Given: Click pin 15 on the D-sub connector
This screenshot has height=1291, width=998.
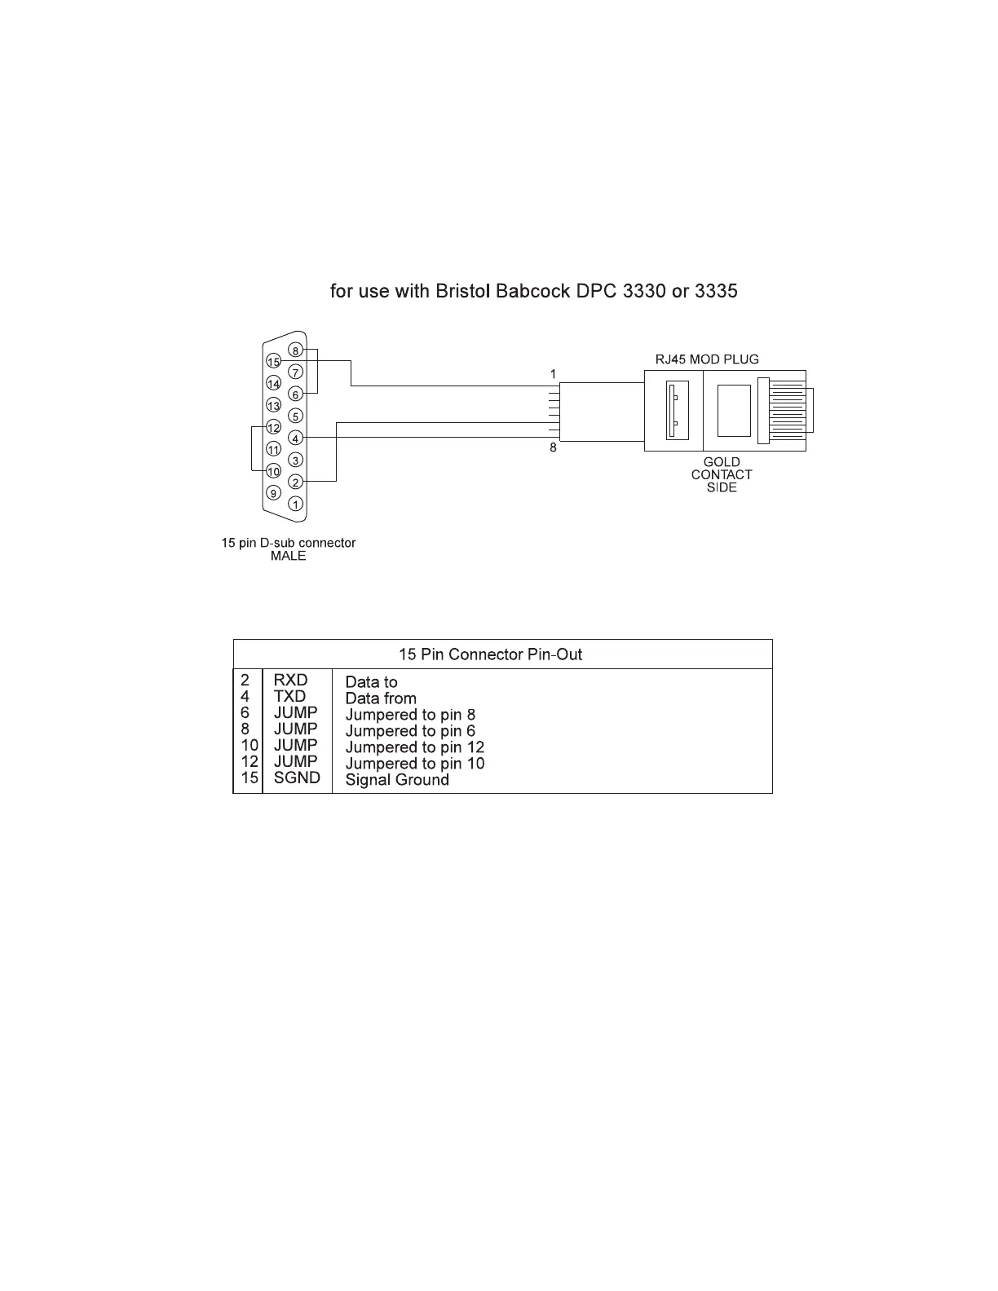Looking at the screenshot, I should pos(273,361).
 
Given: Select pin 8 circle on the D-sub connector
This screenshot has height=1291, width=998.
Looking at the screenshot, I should pos(296,350).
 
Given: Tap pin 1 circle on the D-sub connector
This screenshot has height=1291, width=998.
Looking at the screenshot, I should pos(296,504).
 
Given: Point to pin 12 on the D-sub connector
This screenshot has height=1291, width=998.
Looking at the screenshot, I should pos(273,427).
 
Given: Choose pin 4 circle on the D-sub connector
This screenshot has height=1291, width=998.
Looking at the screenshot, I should pos(296,438).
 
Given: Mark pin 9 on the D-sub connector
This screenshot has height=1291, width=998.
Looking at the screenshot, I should pos(273,492).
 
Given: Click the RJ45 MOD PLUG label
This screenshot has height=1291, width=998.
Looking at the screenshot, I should pos(707,359).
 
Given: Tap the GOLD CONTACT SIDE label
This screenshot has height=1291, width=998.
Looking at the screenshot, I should pos(722,474).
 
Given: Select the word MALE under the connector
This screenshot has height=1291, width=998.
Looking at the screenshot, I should pos(288,556).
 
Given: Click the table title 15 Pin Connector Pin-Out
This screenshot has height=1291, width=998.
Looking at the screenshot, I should pos(490,654).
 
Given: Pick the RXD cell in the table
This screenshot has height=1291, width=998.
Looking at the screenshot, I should pos(290,680).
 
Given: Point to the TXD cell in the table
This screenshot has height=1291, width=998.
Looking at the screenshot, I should pos(289,696).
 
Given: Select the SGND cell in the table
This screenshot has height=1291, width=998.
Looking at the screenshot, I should pos(297,778).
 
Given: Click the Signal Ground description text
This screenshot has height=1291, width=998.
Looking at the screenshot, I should pos(397,780).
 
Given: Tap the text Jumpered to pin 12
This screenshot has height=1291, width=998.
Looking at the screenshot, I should pos(414,747).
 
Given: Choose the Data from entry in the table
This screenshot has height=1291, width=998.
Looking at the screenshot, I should pos(381,698).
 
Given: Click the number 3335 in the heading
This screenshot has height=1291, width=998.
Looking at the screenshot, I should pos(716,291).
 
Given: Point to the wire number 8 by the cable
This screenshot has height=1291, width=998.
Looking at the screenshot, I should pos(553,447).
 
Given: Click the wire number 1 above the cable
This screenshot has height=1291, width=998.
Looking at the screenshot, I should pos(553,374).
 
